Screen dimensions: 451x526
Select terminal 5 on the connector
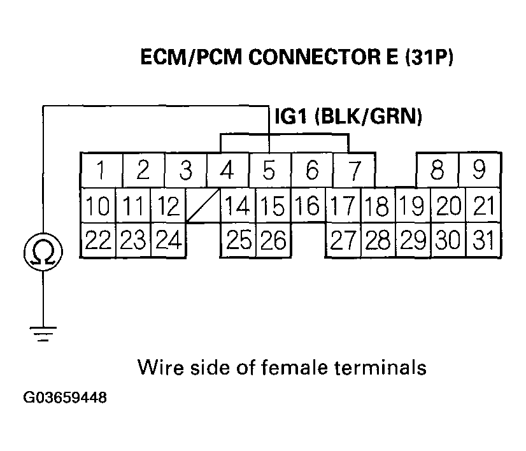[x=269, y=171]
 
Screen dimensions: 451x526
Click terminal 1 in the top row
[x=101, y=171]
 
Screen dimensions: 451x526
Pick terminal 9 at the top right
[x=480, y=170]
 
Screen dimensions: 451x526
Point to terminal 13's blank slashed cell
[x=203, y=205]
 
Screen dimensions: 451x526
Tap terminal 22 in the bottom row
[x=97, y=241]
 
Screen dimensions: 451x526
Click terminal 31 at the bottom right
[x=483, y=241]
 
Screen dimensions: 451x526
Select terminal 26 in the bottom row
[x=273, y=241]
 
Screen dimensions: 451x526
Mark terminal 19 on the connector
[x=413, y=205]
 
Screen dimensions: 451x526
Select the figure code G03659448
[x=65, y=399]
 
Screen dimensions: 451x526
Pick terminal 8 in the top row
[x=437, y=170]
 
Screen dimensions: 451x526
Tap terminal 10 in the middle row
[x=97, y=205]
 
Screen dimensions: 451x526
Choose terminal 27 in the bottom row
[x=343, y=241]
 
